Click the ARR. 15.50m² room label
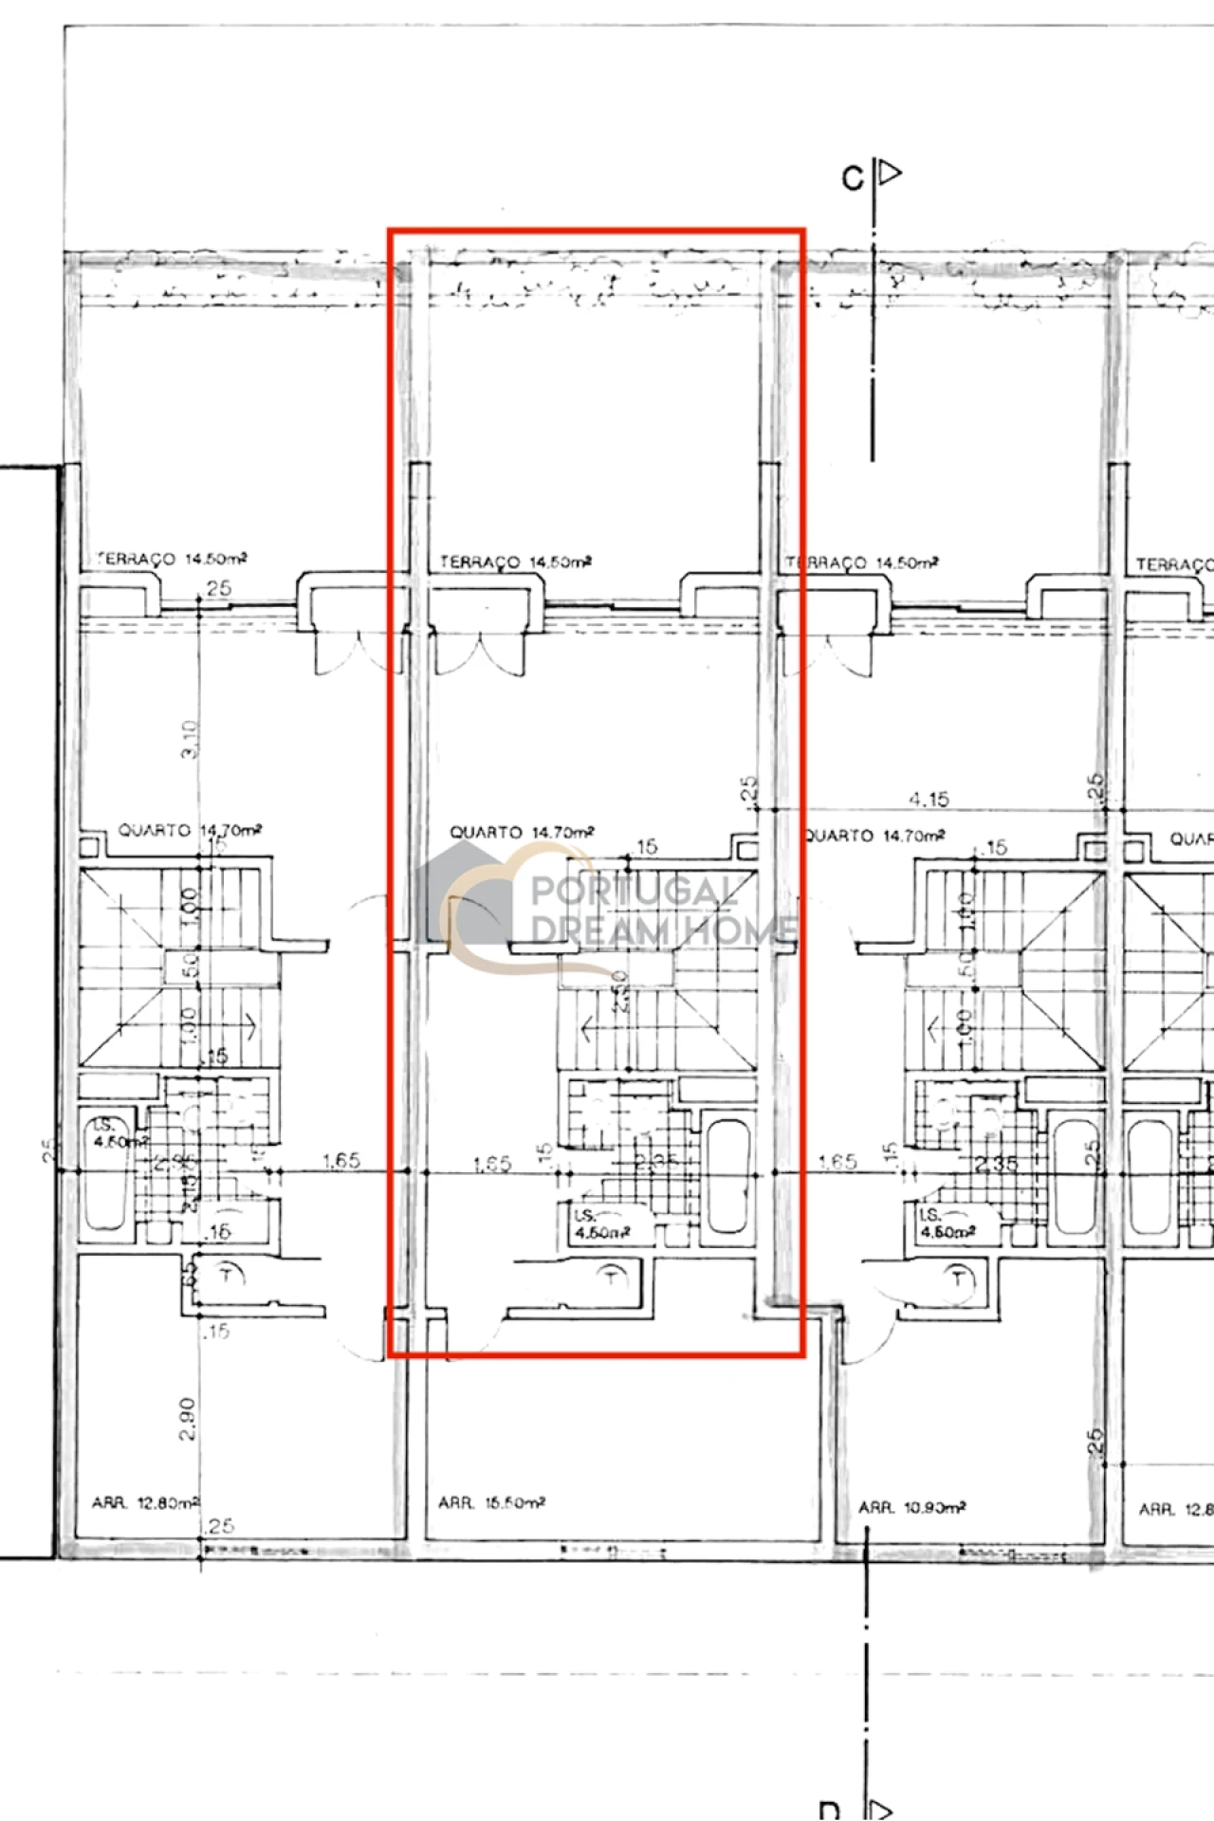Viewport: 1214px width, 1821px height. pos(491,1503)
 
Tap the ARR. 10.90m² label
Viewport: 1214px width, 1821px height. pos(911,1507)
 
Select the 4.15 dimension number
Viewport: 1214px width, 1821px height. pos(929,800)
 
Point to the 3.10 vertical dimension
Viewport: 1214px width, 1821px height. pos(189,739)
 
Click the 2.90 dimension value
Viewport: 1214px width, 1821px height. pos(187,1419)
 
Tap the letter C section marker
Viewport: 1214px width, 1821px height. pos(853,177)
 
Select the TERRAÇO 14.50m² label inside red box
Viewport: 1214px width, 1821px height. pos(515,562)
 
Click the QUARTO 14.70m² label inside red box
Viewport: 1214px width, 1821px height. pos(522,832)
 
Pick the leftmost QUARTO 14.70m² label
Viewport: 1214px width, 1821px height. pos(190,830)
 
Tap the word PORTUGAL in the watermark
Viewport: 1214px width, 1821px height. pos(634,892)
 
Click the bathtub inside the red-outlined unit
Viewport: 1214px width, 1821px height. pos(728,1176)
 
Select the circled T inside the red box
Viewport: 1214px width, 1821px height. pos(613,1277)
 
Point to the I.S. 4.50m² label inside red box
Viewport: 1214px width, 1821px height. pos(600,1223)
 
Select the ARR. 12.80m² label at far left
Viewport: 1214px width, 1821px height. pos(145,1503)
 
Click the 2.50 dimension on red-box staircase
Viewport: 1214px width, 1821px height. pos(619,991)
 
